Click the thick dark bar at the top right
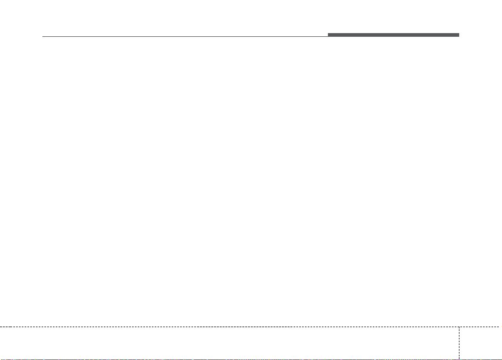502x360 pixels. (393, 35)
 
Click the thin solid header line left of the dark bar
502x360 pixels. (185, 37)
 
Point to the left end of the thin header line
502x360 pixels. (43, 37)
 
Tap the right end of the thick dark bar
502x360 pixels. (459, 35)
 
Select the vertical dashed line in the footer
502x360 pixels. (459, 343)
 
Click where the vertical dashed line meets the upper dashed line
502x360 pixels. (459, 326)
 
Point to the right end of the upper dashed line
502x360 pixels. (501, 326)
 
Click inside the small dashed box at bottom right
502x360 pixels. (480, 343)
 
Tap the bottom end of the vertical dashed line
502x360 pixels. (459, 359)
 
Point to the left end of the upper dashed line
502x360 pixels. (1, 326)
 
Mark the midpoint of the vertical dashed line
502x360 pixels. (459, 343)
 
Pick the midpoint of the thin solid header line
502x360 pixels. (185, 37)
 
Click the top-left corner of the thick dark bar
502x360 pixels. (328, 34)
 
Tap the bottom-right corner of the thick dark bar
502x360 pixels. (459, 37)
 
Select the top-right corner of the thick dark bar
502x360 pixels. (459, 34)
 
